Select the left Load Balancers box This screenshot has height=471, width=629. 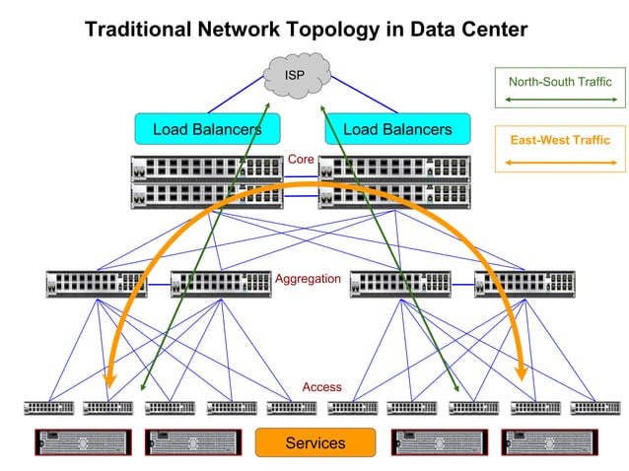(x=207, y=129)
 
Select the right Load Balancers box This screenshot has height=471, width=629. (x=397, y=129)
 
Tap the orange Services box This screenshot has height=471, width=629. (x=315, y=442)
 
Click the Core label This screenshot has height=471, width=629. (x=301, y=159)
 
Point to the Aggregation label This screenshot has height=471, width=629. (x=308, y=279)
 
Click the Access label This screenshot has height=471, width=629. (x=321, y=386)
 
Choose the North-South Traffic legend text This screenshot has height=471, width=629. (x=560, y=82)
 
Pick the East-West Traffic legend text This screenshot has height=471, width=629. (x=560, y=140)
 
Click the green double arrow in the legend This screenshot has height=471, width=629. (x=559, y=100)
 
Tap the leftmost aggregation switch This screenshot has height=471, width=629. (x=97, y=284)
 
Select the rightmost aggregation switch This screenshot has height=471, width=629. (x=524, y=284)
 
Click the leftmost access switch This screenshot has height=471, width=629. (x=49, y=407)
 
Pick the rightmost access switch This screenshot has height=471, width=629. (x=594, y=407)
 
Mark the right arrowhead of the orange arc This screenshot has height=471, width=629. (x=522, y=374)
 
